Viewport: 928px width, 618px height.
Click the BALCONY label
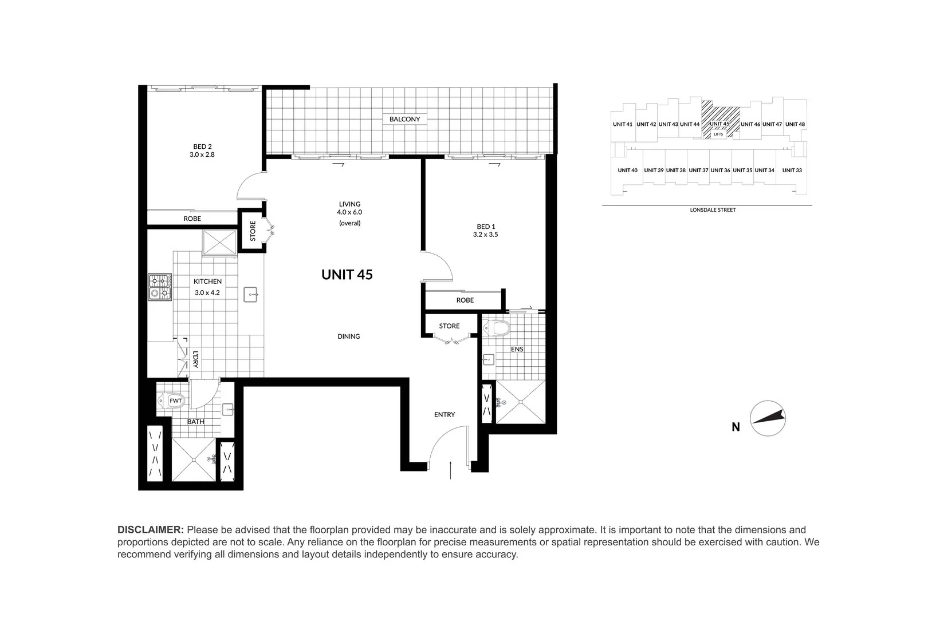pos(404,119)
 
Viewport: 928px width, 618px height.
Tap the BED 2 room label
pos(203,146)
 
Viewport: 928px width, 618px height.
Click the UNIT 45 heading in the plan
pos(347,275)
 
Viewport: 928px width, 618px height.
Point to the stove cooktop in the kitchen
pos(160,288)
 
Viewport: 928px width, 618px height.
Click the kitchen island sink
pos(251,295)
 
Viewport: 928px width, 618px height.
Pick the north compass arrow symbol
pos(768,418)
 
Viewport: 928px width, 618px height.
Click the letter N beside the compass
pos(736,427)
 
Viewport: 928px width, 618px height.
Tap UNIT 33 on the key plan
pos(792,170)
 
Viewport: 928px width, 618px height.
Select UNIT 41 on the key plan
pos(622,124)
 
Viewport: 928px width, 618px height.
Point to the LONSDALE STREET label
pos(713,210)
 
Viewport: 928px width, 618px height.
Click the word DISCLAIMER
pos(151,530)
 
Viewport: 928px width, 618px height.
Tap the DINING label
pos(348,336)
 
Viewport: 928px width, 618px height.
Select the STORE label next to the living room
pos(253,231)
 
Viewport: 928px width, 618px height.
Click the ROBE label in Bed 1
pos(465,300)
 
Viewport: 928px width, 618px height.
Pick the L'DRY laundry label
pos(195,359)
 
